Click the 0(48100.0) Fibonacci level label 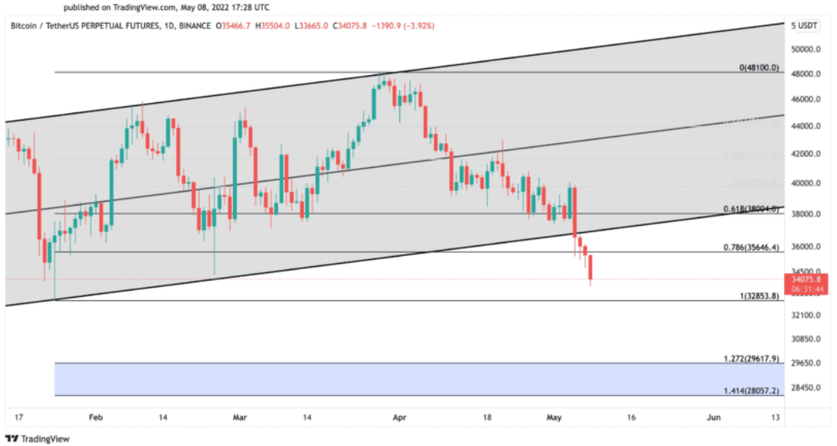(759, 68)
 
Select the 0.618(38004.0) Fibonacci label (751, 209)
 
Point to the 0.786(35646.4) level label (751, 247)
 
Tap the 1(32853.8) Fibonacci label (759, 296)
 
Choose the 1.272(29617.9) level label (751, 359)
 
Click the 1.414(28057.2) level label (751, 391)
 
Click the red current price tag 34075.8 (807, 279)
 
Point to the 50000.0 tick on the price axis (807, 48)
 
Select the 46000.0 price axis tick (807, 99)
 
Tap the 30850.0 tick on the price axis (807, 339)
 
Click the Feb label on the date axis (96, 417)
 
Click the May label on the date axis (554, 417)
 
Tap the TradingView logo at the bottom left (37, 438)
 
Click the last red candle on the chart (591, 268)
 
